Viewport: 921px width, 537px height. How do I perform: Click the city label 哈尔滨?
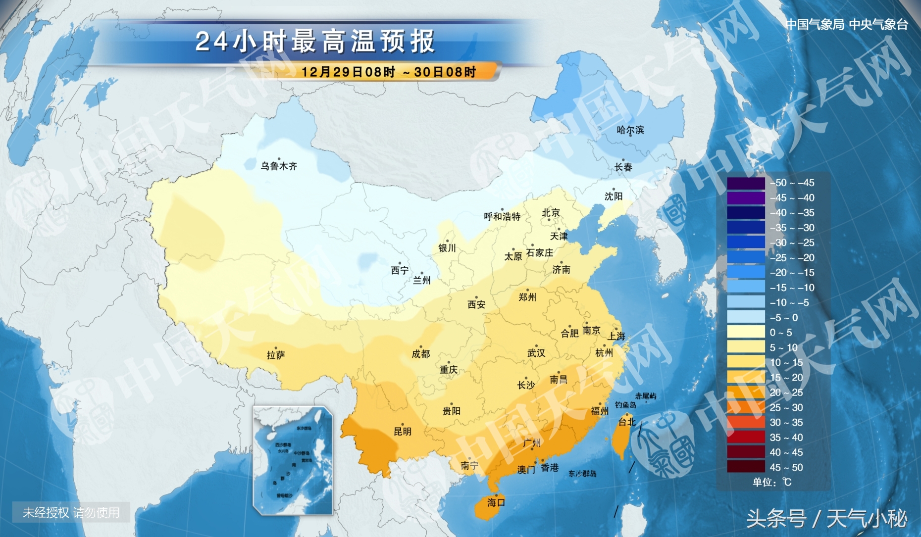click(x=630, y=130)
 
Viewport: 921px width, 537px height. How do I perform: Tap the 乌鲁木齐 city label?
click(x=279, y=166)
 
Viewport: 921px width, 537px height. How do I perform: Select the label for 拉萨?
click(x=276, y=355)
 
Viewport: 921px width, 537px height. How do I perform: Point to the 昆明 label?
click(x=402, y=431)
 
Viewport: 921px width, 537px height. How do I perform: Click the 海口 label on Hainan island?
click(x=496, y=502)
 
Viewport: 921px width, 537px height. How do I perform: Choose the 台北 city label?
click(x=626, y=422)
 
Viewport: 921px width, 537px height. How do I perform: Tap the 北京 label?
click(x=551, y=213)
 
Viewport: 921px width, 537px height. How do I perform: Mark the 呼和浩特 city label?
click(x=502, y=216)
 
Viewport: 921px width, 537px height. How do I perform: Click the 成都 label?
click(x=420, y=354)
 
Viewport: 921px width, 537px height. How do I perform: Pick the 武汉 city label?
click(x=536, y=353)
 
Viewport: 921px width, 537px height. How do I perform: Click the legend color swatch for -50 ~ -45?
click(x=746, y=183)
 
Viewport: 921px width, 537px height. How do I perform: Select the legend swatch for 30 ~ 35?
click(x=746, y=423)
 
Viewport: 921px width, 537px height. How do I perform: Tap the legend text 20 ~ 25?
click(x=786, y=392)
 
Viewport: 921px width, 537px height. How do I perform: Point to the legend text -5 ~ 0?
click(x=783, y=318)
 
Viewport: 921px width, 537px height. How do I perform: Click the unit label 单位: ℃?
click(x=772, y=482)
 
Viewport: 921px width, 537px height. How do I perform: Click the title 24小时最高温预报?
click(x=315, y=42)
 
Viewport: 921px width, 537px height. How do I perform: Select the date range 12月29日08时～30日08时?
click(x=388, y=72)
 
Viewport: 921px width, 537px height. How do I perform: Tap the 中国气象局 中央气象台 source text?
click(x=847, y=24)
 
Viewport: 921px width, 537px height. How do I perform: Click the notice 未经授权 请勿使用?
click(x=71, y=512)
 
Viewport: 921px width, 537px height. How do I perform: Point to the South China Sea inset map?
click(x=293, y=460)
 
